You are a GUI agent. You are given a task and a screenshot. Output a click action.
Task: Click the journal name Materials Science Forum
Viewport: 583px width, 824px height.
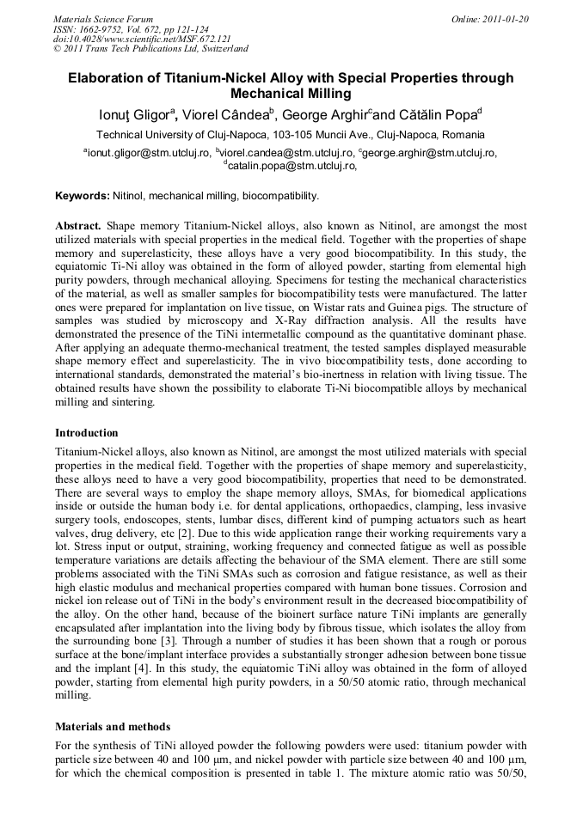tap(103, 18)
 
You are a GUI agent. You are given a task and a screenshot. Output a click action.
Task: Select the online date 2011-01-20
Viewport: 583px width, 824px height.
tap(507, 18)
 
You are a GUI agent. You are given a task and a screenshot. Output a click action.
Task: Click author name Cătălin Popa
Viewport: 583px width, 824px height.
tap(438, 114)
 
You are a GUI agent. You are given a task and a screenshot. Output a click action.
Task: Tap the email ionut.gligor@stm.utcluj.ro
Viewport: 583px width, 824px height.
tap(148, 153)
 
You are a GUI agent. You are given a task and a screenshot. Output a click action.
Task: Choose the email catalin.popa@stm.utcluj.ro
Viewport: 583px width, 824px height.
tap(290, 167)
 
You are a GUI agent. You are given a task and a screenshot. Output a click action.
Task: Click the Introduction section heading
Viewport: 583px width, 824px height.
tap(87, 432)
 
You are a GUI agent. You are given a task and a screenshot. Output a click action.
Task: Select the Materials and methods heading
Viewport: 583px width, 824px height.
tap(113, 726)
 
